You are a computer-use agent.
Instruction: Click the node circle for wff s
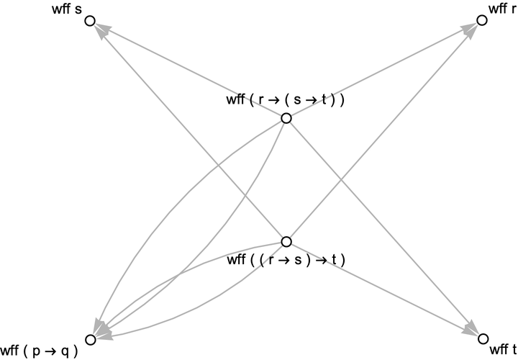[90, 21]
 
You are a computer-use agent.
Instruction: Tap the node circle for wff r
[483, 21]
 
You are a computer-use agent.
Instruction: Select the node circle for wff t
[483, 338]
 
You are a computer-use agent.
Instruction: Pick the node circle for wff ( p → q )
[90, 339]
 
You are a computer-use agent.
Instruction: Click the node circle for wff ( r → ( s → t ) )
[286, 118]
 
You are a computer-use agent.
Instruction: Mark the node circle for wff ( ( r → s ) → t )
[286, 242]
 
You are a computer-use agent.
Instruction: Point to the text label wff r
[501, 9]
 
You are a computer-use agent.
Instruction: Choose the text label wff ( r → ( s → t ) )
[286, 100]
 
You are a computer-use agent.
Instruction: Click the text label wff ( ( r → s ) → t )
[286, 259]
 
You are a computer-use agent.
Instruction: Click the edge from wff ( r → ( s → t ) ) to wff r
[381, 71]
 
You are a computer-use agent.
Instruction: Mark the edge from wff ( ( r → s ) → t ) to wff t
[381, 289]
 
